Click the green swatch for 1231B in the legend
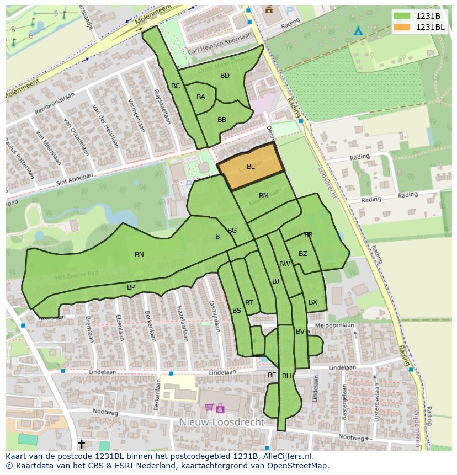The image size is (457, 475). click(x=402, y=16)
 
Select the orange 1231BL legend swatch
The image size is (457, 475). click(x=402, y=27)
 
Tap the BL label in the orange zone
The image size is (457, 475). click(x=251, y=167)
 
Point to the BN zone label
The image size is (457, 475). click(x=139, y=255)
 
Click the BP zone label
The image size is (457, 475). click(x=131, y=287)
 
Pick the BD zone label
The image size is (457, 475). click(x=225, y=76)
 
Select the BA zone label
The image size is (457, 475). click(x=201, y=97)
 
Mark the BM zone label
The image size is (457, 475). click(x=264, y=196)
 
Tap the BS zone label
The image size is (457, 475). click(x=237, y=311)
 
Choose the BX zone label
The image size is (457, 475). click(x=313, y=302)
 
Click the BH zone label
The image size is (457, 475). click(x=286, y=376)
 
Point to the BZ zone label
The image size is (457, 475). click(x=303, y=254)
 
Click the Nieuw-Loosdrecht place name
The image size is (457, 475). click(x=222, y=422)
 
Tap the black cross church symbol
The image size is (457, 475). click(x=82, y=444)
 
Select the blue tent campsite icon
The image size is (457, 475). click(x=358, y=30)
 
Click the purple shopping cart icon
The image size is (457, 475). click(x=209, y=408)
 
